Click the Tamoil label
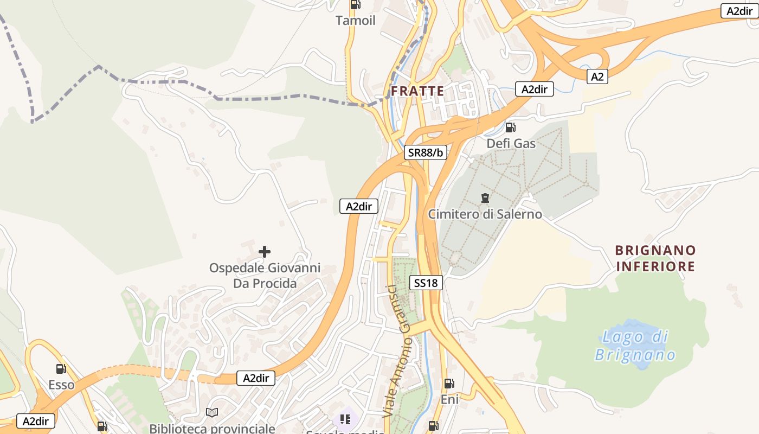pyautogui.click(x=355, y=21)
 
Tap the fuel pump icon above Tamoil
pyautogui.click(x=355, y=5)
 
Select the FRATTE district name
pyautogui.click(x=417, y=91)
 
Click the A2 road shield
pyautogui.click(x=597, y=77)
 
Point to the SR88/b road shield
pyautogui.click(x=426, y=152)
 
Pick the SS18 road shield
pyautogui.click(x=427, y=282)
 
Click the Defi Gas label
pyautogui.click(x=511, y=144)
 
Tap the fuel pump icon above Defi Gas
pyautogui.click(x=510, y=127)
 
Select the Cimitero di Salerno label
pyautogui.click(x=485, y=214)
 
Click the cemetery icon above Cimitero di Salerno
pyautogui.click(x=485, y=198)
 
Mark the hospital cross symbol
pyautogui.click(x=265, y=252)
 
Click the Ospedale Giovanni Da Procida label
pyautogui.click(x=265, y=276)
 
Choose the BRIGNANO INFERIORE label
pyautogui.click(x=655, y=258)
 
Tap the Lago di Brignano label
pyautogui.click(x=635, y=346)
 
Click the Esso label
pyautogui.click(x=61, y=385)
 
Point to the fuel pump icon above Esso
pyautogui.click(x=61, y=369)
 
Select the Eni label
pyautogui.click(x=449, y=400)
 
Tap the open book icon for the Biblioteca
pyautogui.click(x=212, y=413)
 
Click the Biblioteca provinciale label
pyautogui.click(x=212, y=428)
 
